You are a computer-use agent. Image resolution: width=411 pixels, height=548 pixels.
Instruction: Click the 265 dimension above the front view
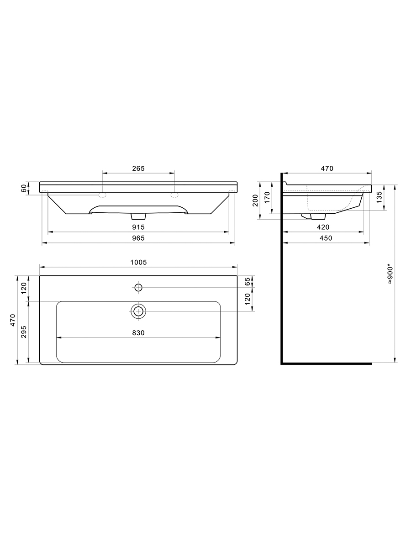pos(138,169)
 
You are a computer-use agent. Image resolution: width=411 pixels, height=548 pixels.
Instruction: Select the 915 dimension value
pos(138,227)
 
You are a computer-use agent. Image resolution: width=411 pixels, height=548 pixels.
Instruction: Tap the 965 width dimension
pos(138,238)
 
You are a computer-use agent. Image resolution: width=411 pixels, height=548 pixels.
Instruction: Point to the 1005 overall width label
pos(138,263)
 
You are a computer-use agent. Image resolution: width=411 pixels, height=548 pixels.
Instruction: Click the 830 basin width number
pos(138,333)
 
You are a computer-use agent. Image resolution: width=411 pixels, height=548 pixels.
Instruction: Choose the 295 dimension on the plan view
pos(24,332)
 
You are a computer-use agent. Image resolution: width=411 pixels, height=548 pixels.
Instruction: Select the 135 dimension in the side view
pos(379,197)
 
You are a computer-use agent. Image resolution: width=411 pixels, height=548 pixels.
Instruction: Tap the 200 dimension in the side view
pos(255,200)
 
